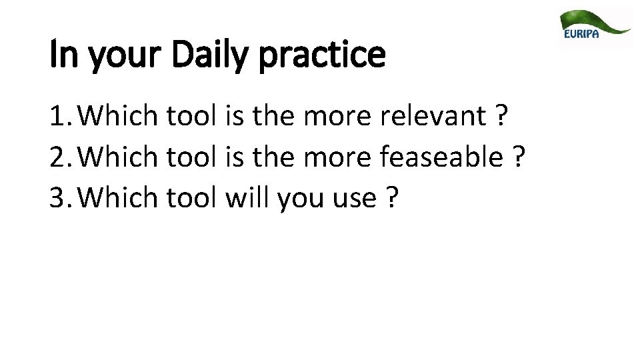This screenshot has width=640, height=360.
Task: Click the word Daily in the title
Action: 209,56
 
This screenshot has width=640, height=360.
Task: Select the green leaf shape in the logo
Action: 593,20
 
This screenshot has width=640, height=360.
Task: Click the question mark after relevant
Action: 500,118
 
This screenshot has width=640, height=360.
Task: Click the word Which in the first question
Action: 122,118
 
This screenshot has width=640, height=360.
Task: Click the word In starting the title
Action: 59,56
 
